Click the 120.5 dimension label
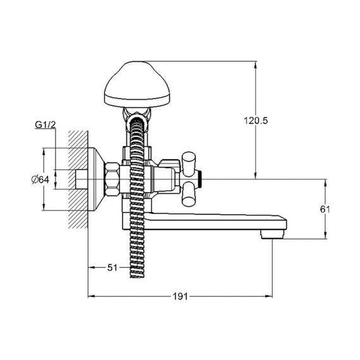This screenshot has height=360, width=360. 256,121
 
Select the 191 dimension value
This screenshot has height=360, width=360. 180,296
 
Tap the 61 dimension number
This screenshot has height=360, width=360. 325,209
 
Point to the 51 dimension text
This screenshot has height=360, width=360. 112,268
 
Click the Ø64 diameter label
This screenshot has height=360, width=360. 40,179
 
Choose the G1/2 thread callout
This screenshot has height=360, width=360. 45,125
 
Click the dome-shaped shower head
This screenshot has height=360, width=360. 137,85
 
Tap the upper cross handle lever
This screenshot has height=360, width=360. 189,164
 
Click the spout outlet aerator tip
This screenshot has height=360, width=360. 272,234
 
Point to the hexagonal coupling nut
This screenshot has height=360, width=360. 112,179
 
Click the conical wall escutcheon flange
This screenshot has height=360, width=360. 97,179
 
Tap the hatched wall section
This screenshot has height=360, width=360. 78,180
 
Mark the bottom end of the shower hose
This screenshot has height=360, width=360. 137,277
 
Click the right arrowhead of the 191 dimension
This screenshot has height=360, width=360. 269,296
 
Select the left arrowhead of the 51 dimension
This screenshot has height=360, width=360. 92,268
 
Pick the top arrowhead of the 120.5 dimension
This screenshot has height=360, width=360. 256,64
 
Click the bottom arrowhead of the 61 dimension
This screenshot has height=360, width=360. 325,236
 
